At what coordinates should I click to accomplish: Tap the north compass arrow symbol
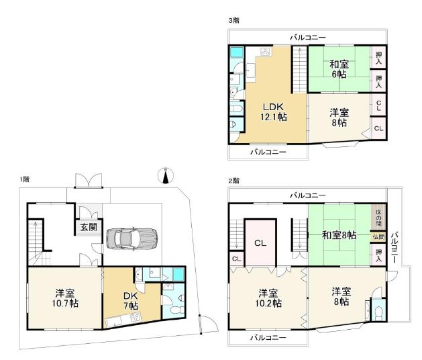coord(165,177)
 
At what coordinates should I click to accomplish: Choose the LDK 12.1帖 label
coord(274,111)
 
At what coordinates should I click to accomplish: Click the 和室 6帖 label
coord(338,70)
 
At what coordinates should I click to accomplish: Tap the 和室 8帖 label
coord(339,236)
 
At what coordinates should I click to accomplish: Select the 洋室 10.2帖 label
coord(268,298)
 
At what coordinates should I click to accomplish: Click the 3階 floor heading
coord(233,21)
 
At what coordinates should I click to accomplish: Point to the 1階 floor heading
coord(24,179)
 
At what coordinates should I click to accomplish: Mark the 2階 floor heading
coord(233,181)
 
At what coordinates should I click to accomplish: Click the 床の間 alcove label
coord(378,217)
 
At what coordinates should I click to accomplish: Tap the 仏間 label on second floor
coord(378,237)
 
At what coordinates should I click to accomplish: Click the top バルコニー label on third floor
coord(308,38)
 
